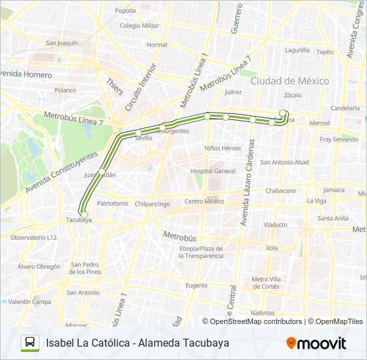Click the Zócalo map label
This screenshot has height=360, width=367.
pos(294,95)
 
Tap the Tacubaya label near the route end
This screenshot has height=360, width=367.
pos(79,219)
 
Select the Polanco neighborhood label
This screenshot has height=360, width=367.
pos(65,90)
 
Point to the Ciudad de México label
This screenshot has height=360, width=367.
pos(290,81)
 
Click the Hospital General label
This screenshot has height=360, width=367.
pos(213,171)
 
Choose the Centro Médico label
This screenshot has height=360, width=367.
pos(205,201)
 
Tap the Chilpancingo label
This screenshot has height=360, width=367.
pos(152,204)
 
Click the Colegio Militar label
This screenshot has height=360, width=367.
pos(139,25)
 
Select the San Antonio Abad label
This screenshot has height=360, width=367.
pos(284,162)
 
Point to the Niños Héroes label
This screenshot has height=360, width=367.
pos(223,148)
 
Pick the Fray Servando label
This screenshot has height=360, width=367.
pos(339,139)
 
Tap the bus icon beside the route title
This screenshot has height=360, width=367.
pos(30,343)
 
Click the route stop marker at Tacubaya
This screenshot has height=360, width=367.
pos(83,214)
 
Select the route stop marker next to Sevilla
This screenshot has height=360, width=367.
pos(139,133)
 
